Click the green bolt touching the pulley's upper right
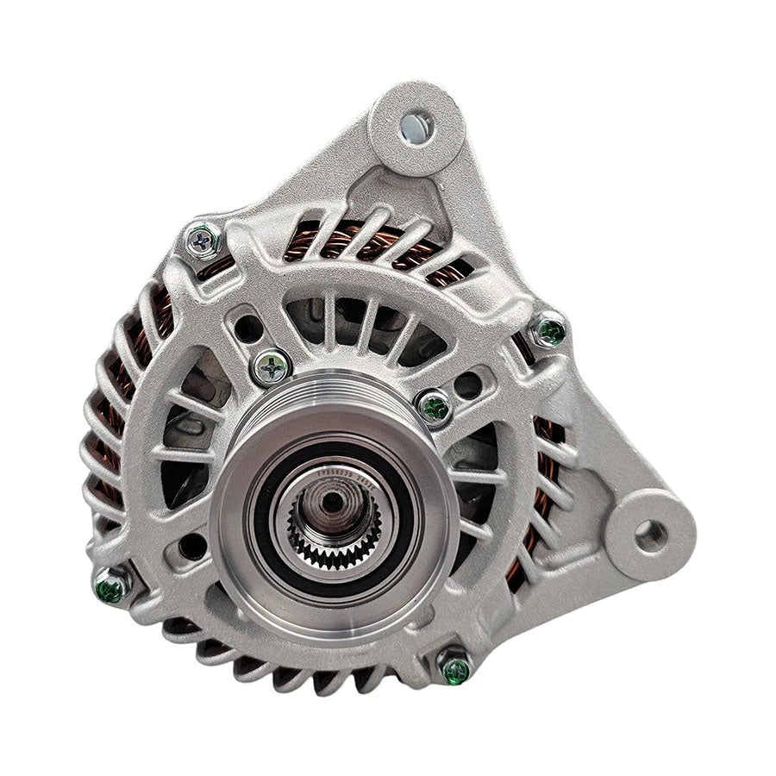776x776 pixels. (434, 405)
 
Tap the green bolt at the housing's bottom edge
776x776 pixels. (454, 666)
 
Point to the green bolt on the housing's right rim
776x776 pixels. (548, 330)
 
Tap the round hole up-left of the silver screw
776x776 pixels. (249, 328)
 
